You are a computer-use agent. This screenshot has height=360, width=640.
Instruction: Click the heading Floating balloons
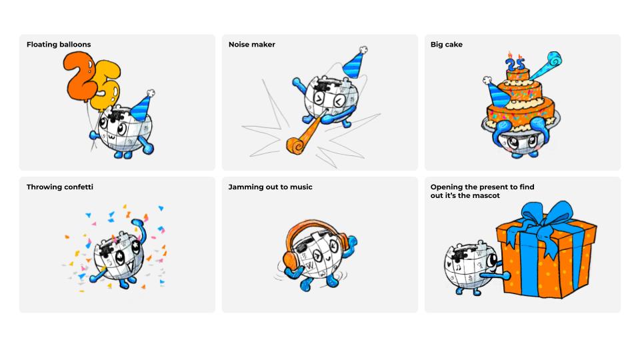[59, 45]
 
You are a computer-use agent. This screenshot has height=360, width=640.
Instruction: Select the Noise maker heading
[252, 45]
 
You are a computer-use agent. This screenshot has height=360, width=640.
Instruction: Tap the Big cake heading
[447, 45]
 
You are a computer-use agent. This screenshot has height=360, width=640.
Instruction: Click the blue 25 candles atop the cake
[515, 63]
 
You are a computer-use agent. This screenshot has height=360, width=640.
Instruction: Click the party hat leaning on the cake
[497, 93]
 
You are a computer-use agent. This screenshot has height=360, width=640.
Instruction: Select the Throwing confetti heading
[60, 187]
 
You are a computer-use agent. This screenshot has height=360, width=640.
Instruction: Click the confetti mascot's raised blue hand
[139, 225]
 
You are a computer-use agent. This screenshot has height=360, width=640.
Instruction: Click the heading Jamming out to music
[270, 187]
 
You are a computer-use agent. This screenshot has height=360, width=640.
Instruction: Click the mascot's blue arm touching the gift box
[495, 275]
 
